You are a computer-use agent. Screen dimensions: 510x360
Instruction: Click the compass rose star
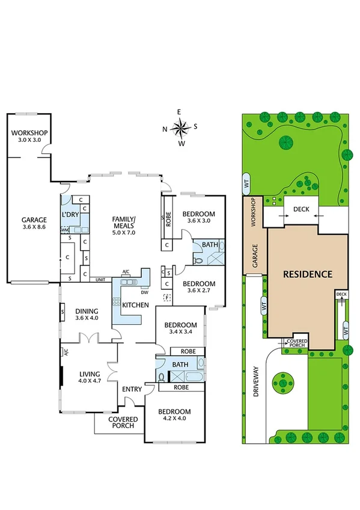click(x=179, y=127)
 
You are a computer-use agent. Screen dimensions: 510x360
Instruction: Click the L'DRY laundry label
click(x=71, y=215)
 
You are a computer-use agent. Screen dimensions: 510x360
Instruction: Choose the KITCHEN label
click(x=135, y=305)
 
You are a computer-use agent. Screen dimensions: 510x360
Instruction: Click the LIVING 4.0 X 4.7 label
click(x=91, y=377)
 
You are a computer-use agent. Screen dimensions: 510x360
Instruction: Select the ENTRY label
click(x=132, y=389)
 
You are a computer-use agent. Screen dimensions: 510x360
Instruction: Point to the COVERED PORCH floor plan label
click(x=123, y=423)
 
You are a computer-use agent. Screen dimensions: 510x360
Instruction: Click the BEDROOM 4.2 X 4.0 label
click(x=174, y=416)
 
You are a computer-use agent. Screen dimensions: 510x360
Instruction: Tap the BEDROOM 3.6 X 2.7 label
click(x=198, y=287)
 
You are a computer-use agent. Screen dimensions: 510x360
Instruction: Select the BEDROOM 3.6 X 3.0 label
click(x=198, y=217)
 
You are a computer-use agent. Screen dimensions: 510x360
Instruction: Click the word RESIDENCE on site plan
click(x=308, y=274)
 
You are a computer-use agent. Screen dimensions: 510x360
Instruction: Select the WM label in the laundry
click(x=64, y=230)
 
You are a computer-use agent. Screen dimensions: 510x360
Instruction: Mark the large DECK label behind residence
click(x=301, y=209)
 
